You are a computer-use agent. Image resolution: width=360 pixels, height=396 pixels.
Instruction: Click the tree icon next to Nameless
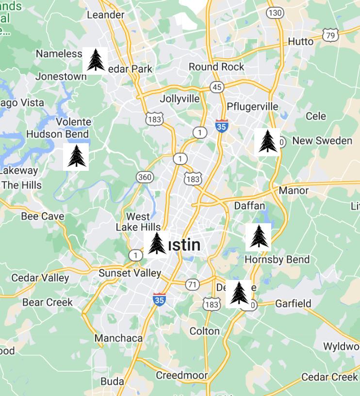click(x=95, y=60)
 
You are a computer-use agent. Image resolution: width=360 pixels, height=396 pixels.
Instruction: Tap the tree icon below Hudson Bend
click(x=76, y=156)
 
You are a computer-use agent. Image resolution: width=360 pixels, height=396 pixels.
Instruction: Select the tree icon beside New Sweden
click(x=267, y=142)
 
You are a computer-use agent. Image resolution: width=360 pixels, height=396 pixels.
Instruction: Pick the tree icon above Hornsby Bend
click(x=258, y=237)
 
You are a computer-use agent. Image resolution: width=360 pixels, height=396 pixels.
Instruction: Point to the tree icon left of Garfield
click(x=239, y=293)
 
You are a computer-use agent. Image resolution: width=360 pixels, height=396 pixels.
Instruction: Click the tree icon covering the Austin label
click(x=157, y=244)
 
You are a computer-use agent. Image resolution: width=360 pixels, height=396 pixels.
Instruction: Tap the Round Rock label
click(x=216, y=66)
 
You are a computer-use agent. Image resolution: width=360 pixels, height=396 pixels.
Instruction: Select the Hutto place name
click(x=301, y=42)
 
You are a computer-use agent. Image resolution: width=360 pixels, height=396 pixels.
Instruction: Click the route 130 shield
click(x=275, y=13)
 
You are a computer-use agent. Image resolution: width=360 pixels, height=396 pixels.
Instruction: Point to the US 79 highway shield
click(x=330, y=34)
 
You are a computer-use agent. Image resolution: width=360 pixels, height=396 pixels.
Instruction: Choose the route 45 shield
click(x=217, y=87)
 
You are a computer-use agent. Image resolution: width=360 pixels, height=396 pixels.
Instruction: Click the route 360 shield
click(x=145, y=177)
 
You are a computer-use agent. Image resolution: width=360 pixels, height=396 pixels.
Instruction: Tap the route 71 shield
click(x=193, y=284)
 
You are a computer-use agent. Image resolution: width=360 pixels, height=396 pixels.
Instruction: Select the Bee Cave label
click(x=43, y=216)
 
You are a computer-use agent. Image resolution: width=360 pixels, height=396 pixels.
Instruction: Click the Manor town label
click(x=294, y=190)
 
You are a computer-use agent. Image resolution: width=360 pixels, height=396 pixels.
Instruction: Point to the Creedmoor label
click(x=181, y=375)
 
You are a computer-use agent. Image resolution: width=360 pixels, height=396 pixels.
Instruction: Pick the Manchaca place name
click(x=118, y=338)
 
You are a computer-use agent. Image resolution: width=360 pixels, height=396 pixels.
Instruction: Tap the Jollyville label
click(x=180, y=99)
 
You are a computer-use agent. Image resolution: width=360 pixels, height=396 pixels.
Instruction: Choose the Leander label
click(x=105, y=15)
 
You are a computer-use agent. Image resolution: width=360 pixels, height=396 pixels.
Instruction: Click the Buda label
click(x=112, y=381)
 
